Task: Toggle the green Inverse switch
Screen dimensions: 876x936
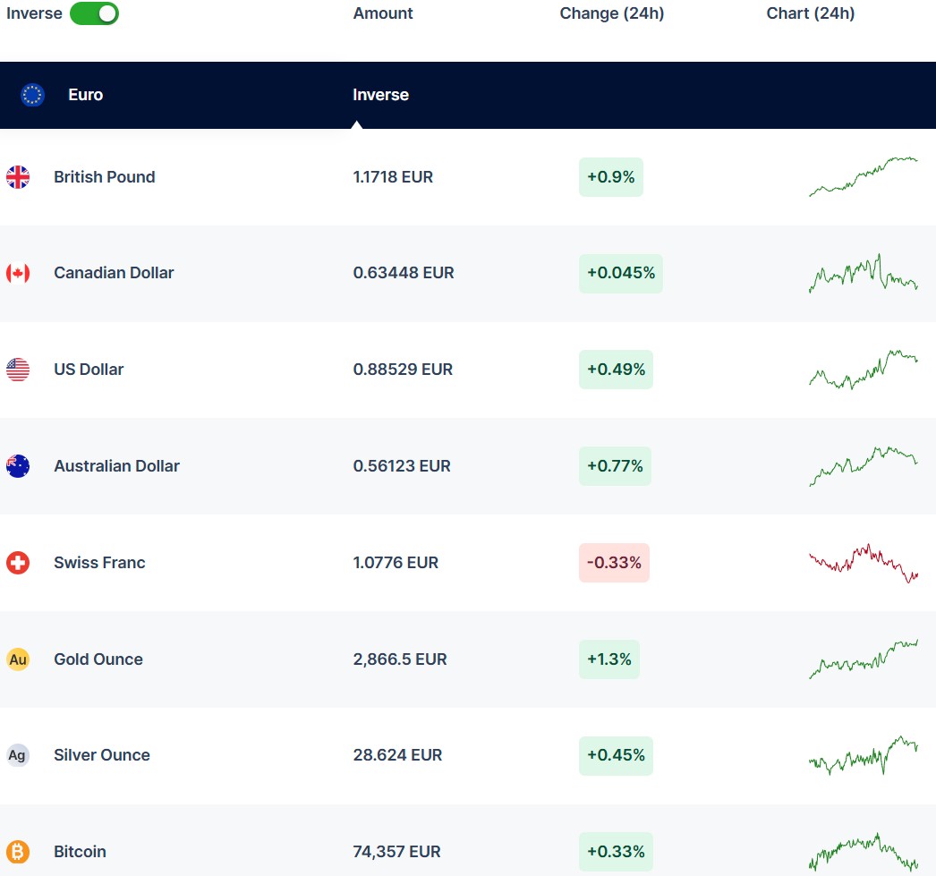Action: tap(94, 13)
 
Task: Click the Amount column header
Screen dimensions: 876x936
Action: tap(383, 13)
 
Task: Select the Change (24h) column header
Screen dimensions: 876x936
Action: tap(611, 13)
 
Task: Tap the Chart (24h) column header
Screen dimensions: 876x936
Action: tap(810, 13)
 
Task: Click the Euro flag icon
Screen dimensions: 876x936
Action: tap(32, 95)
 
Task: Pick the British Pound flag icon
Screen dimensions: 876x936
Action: tap(18, 177)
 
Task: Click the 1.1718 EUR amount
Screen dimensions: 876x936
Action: tap(393, 177)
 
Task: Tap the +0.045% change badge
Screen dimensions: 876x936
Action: tap(620, 273)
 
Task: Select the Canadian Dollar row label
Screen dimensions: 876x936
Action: tap(114, 273)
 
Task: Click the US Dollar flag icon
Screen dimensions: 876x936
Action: tap(18, 370)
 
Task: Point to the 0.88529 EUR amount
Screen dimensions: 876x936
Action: tap(403, 370)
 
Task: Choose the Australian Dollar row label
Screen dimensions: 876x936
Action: tap(116, 466)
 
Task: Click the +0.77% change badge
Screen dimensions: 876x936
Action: tap(615, 466)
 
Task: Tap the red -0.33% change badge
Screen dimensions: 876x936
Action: tap(614, 563)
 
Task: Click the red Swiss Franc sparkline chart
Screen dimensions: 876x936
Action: tap(864, 563)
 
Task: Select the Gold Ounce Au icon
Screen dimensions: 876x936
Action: tap(18, 659)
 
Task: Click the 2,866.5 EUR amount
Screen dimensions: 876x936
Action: tap(400, 659)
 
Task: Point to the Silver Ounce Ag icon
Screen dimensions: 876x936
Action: tap(18, 755)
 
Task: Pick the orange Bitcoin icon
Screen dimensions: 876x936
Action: tap(18, 852)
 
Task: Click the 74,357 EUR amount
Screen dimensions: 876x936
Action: tap(396, 852)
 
